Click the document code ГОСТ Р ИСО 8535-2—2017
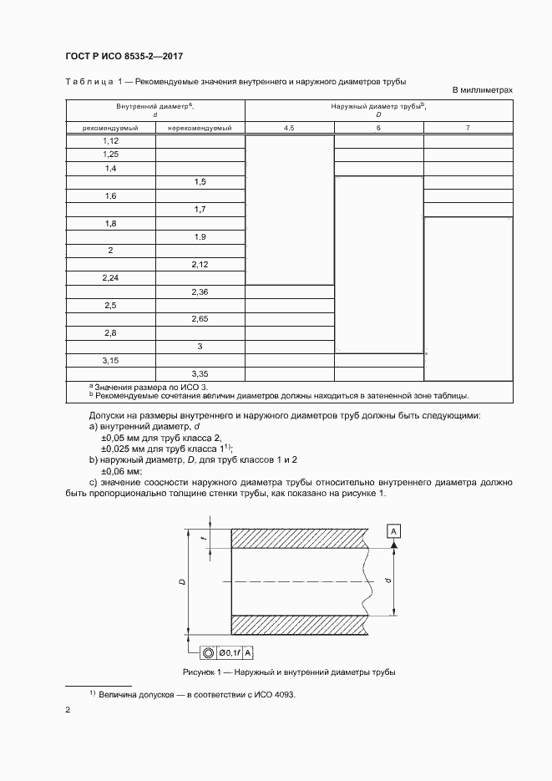point(123,56)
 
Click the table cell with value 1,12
point(110,141)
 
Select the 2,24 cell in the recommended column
point(110,277)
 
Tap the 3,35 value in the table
point(200,373)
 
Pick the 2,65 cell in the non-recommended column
point(200,318)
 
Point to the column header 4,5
point(289,128)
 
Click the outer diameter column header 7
point(468,128)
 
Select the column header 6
point(378,128)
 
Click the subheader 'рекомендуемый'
point(109,128)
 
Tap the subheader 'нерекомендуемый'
point(200,128)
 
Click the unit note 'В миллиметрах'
point(482,89)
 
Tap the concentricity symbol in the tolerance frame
point(207,653)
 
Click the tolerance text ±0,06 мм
point(122,470)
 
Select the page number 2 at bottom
point(67,710)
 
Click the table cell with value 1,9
point(200,237)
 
